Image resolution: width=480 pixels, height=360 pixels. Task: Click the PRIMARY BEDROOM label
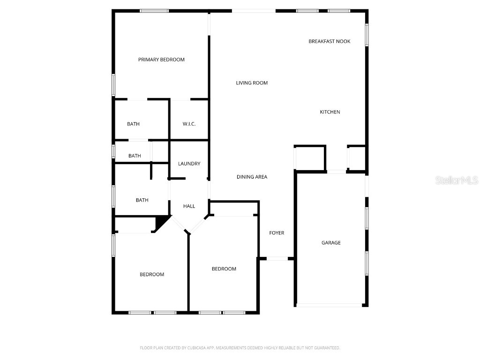[x=161, y=60]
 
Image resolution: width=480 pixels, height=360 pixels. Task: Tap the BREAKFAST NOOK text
[x=329, y=41]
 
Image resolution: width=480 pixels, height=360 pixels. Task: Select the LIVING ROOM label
[x=252, y=83]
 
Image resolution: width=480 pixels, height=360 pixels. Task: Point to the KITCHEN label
[x=330, y=112]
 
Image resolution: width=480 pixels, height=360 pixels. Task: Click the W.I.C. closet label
[x=189, y=124]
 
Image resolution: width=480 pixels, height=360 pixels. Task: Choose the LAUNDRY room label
[x=189, y=164]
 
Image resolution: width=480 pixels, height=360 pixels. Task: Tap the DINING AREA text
[x=252, y=177]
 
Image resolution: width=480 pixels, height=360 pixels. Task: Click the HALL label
[x=189, y=206]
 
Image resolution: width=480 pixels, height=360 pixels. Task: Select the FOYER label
[x=277, y=233]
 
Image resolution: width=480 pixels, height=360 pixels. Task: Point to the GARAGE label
[x=331, y=243]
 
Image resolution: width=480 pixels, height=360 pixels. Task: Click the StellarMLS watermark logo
[x=456, y=180]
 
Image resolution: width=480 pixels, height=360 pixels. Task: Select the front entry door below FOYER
[x=277, y=258]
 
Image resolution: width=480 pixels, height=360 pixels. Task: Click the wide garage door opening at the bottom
[x=330, y=305]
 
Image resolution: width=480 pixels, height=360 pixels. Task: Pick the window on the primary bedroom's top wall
[x=154, y=11]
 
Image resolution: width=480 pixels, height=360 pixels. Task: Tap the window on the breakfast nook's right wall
[x=367, y=35]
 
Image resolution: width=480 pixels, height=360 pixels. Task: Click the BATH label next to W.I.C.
[x=133, y=124]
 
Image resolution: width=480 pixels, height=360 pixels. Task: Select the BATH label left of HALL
[x=142, y=200]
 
